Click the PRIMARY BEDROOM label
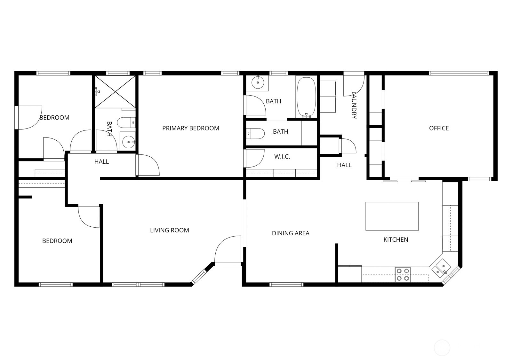191,128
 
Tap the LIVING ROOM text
170,230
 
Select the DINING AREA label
291,233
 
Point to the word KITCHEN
396,239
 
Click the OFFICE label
439,128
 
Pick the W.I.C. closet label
282,157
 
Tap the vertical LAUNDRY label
354,105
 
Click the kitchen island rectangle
392,216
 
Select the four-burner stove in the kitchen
403,275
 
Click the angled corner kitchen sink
441,268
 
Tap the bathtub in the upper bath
306,97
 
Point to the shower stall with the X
115,92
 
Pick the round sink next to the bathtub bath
258,82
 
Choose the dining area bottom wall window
286,285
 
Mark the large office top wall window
459,73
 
